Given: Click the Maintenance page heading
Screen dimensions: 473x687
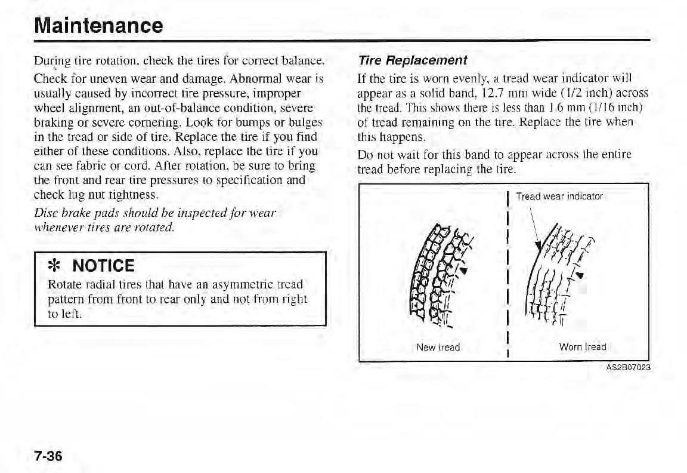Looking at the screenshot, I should (98, 25).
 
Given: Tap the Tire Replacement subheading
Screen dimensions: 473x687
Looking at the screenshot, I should (412, 61).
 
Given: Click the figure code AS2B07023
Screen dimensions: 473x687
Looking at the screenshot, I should (624, 367).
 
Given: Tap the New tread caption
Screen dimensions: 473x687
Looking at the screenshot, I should (439, 347).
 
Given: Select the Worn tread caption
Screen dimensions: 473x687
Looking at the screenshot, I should (583, 347).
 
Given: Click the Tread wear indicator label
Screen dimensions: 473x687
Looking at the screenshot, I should (559, 196).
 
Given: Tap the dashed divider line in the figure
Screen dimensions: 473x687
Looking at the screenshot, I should (505, 275).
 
